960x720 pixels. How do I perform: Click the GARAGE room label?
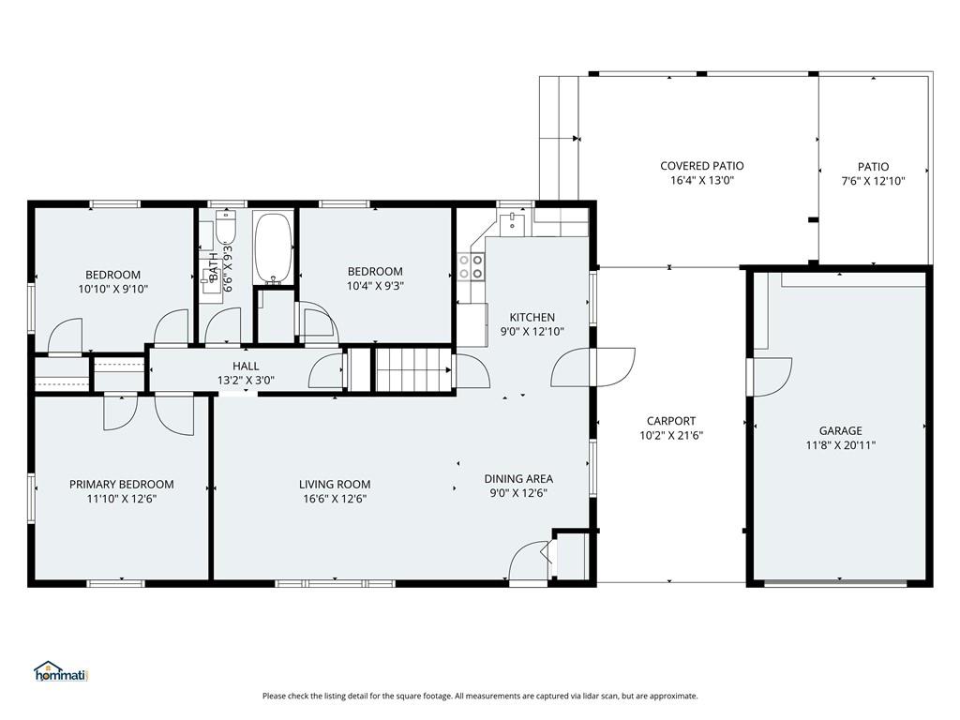pyautogui.click(x=839, y=431)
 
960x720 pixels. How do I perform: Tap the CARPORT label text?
pyautogui.click(x=670, y=421)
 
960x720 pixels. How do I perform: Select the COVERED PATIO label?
pyautogui.click(x=702, y=166)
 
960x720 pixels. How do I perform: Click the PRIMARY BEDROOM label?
pyautogui.click(x=121, y=485)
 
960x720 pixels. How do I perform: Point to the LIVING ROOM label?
pyautogui.click(x=335, y=485)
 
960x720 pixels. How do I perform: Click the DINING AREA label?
pyautogui.click(x=518, y=479)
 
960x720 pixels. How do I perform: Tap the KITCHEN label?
pyautogui.click(x=532, y=318)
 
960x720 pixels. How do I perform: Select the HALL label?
pyautogui.click(x=246, y=367)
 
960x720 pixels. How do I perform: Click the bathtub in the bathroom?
pyautogui.click(x=274, y=248)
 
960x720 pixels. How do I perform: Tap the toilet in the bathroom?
pyautogui.click(x=226, y=227)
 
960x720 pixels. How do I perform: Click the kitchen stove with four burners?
pyautogui.click(x=471, y=267)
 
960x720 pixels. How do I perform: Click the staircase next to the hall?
pyautogui.click(x=412, y=369)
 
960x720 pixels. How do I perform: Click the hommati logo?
pyautogui.click(x=61, y=672)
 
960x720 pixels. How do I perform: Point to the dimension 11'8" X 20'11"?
pyautogui.click(x=839, y=446)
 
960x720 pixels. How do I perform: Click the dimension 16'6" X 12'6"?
pyautogui.click(x=335, y=500)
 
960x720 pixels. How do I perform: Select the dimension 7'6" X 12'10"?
pyautogui.click(x=873, y=182)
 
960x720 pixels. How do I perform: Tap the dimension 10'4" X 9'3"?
pyautogui.click(x=374, y=287)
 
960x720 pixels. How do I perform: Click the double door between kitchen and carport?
pyautogui.click(x=592, y=367)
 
